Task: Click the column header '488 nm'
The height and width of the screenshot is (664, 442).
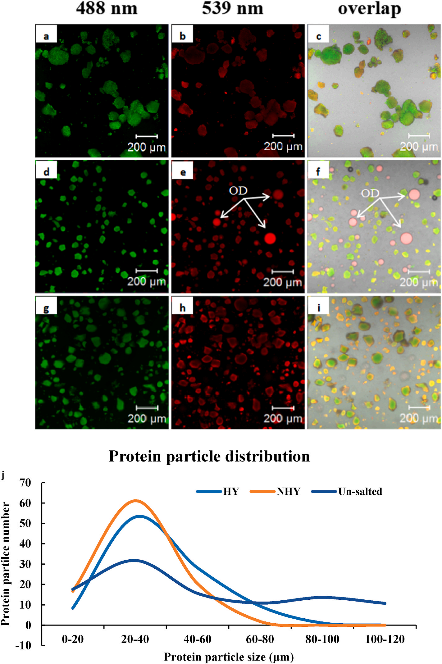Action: coord(107,8)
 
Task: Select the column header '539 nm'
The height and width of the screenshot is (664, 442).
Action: coord(232,8)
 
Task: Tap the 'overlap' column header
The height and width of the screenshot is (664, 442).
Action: coord(369,9)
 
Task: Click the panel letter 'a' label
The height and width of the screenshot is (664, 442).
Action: coord(46,36)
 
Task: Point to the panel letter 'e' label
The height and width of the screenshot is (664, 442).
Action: coord(183,172)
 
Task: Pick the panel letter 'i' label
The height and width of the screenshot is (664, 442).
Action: coord(319,307)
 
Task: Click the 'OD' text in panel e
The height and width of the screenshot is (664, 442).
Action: coord(238,191)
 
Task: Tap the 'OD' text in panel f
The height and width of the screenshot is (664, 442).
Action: coord(370,193)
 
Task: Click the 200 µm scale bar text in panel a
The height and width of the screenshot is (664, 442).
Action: coord(147,147)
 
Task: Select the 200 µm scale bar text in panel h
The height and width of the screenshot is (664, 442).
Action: coord(283,418)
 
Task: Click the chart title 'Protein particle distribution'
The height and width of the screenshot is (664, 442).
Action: coord(209,457)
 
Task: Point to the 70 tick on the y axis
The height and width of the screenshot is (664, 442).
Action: coord(25,483)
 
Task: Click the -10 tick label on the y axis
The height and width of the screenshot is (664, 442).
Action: coord(23,645)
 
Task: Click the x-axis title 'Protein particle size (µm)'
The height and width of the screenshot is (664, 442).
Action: coord(229,657)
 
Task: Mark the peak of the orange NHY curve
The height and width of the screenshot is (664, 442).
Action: coord(136,501)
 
